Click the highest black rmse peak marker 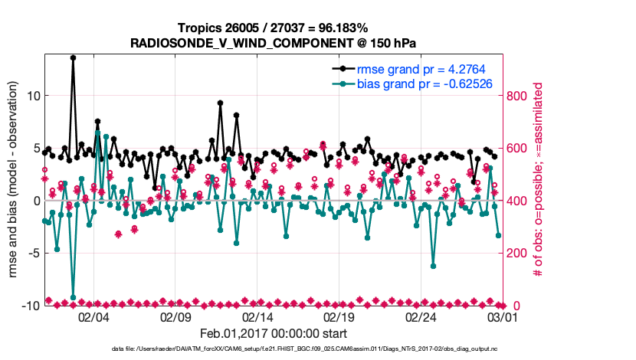pyautogui.click(x=74, y=57)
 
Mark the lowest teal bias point pyautogui.click(x=74, y=297)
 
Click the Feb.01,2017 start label pyautogui.click(x=274, y=334)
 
